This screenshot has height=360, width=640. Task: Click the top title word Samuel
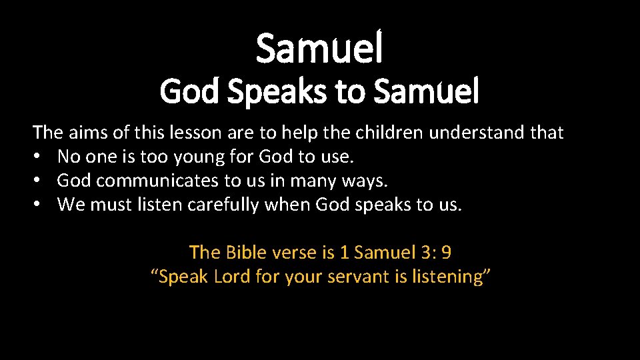(x=319, y=49)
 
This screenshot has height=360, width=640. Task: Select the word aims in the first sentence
(x=90, y=133)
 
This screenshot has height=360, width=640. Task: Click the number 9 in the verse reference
(x=446, y=253)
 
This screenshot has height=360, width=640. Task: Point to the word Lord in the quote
(x=233, y=277)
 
